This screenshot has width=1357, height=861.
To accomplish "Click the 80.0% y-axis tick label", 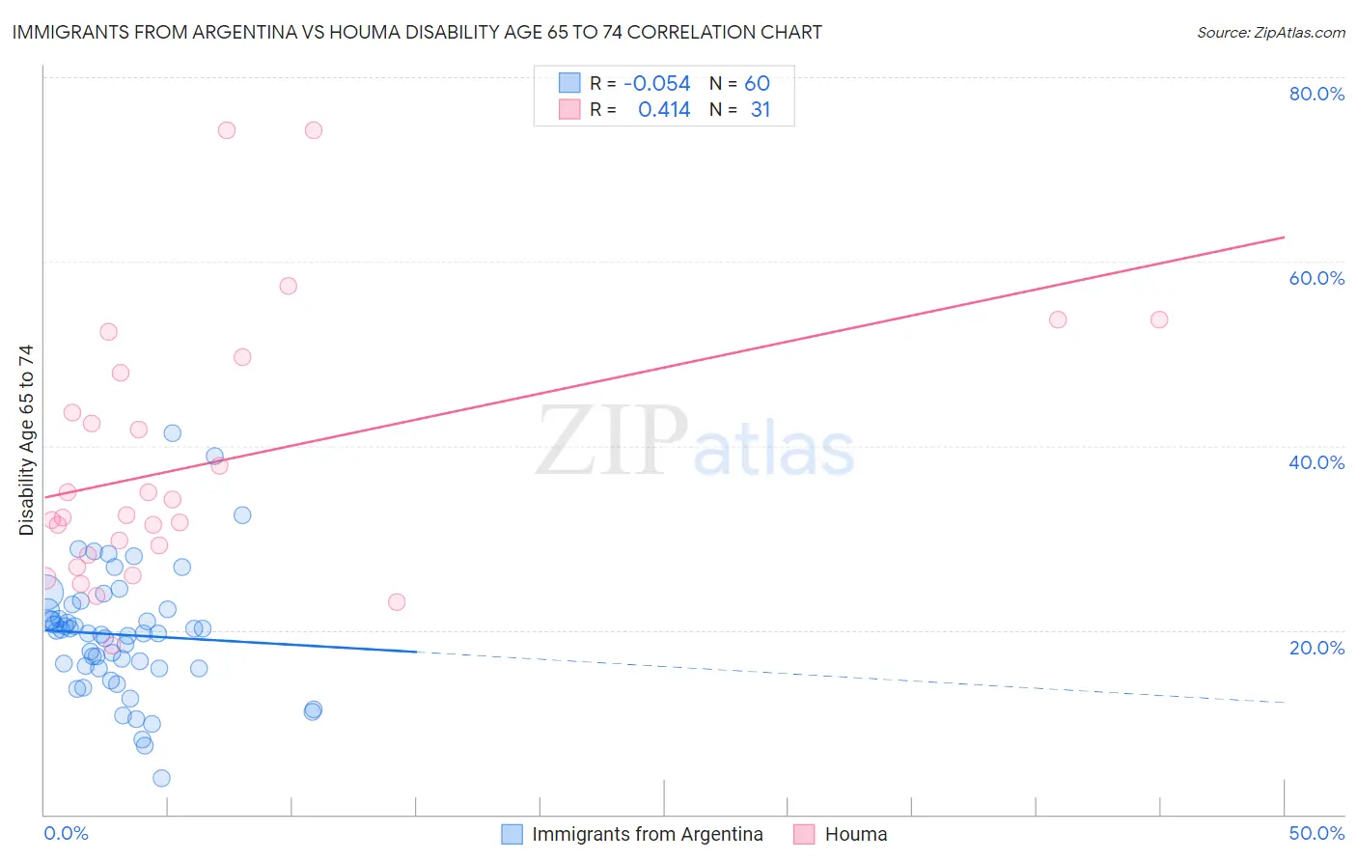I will [x=1316, y=94].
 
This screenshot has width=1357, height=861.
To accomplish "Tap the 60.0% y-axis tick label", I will [x=1316, y=278].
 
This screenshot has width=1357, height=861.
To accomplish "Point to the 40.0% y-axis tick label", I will [x=1316, y=462].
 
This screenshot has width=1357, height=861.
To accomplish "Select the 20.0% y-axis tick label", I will [x=1316, y=648].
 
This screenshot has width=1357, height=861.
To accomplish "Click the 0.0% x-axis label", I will [x=66, y=833].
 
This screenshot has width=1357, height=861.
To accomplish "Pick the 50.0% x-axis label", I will [x=1316, y=833].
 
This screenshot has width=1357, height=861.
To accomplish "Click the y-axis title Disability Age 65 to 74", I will [x=26, y=440].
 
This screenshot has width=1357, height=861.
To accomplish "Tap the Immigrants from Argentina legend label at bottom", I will [x=647, y=834].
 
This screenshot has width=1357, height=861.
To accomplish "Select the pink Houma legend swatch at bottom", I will [x=804, y=834].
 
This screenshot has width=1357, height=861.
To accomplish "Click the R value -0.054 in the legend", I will [x=656, y=84].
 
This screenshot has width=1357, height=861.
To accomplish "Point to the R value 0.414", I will [x=664, y=110].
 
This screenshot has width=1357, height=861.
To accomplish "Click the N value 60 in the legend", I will [x=757, y=84].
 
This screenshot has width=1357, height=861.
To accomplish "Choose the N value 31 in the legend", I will [x=761, y=110].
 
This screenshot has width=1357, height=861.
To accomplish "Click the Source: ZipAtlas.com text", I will [x=1270, y=33].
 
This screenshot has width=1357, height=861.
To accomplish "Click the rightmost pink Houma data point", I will [x=1159, y=319].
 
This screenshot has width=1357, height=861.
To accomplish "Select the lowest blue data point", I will [x=161, y=778].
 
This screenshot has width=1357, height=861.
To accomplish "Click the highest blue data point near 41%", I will [x=172, y=433].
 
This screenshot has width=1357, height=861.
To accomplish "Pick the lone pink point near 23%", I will [x=396, y=602].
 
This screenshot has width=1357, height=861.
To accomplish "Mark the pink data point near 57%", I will [x=288, y=286].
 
